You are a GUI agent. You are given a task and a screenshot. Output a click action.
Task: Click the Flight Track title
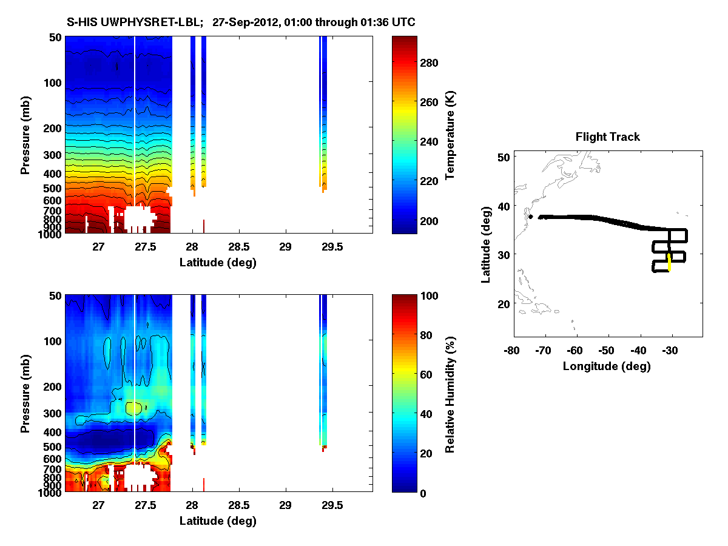607,137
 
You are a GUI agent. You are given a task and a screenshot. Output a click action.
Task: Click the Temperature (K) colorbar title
451,135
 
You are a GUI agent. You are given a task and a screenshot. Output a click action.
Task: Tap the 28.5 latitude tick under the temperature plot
239,247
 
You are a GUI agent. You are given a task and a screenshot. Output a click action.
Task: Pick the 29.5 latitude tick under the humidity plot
332,505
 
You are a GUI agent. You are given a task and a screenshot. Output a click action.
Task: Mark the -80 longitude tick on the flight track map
511,350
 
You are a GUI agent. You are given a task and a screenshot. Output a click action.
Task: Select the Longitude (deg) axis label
607,366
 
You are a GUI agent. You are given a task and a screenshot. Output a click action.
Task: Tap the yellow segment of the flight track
669,263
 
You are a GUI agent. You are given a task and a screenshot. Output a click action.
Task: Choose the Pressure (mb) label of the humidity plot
25,394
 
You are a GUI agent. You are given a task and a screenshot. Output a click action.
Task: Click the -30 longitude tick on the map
670,350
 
